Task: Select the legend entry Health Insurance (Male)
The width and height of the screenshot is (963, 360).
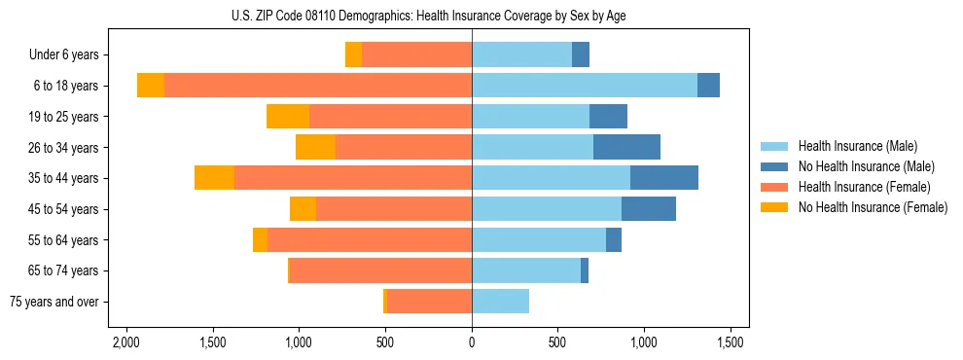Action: [x=857, y=146]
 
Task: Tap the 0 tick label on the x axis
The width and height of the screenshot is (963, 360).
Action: [x=472, y=343]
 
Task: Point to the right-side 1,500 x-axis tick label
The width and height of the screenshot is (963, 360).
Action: [x=731, y=343]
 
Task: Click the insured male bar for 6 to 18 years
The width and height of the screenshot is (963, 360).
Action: [x=584, y=86]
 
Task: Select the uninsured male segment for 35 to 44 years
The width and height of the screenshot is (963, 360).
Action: [x=664, y=178]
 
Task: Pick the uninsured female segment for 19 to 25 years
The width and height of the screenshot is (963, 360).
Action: [x=288, y=117]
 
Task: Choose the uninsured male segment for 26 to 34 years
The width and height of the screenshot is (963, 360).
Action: [x=626, y=147]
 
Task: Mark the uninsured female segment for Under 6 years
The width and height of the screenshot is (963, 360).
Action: [x=353, y=55]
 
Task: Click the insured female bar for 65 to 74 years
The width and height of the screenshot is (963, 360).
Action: [x=380, y=270]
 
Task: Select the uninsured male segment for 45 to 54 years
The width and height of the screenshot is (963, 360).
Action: [x=649, y=209]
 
